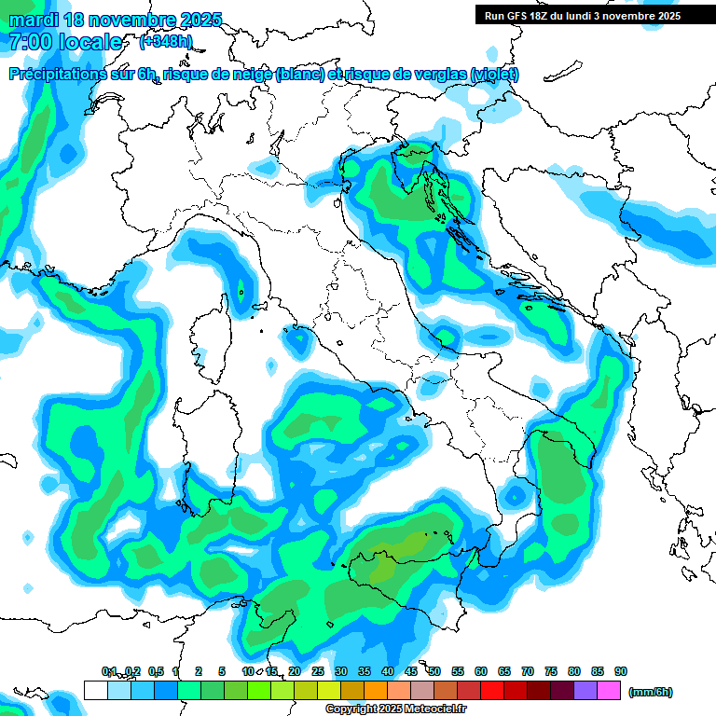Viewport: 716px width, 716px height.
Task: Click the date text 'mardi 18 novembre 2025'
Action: pos(115,20)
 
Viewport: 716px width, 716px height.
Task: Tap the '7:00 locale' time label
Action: pos(64,42)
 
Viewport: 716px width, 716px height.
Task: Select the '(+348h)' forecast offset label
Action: pos(166,42)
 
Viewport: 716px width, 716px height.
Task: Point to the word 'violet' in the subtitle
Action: pos(493,75)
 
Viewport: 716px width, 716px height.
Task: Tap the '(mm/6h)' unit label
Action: pos(650,692)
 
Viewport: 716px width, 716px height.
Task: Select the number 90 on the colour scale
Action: pos(621,671)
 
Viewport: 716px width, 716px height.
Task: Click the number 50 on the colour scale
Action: pos(434,671)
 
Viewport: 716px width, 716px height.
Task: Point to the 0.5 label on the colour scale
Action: pos(155,671)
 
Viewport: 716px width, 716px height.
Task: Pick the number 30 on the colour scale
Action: pos(341,671)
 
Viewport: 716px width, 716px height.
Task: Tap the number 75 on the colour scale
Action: pos(551,671)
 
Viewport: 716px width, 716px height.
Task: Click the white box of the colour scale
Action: pos(95,691)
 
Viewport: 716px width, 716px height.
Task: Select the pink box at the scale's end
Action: pos(609,691)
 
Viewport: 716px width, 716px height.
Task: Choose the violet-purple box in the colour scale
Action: pos(585,691)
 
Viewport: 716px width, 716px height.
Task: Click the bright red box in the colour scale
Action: pos(492,691)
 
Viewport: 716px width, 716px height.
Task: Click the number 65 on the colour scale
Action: pos(504,671)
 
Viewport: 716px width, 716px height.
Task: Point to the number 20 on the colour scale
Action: pos(295,671)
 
